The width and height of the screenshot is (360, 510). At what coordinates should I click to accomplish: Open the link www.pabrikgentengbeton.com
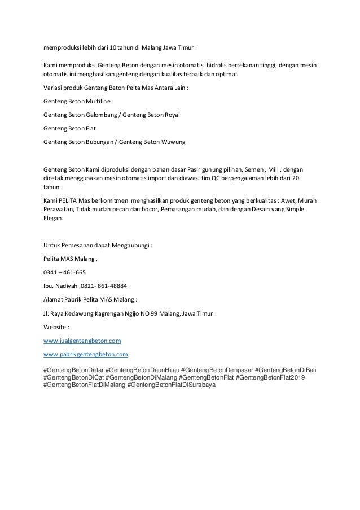coord(86,355)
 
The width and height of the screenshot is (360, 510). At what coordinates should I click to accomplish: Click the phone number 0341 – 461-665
coord(64,272)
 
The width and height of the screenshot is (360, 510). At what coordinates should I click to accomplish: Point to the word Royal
coord(169,115)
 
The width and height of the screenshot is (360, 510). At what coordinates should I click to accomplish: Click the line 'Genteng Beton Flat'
coord(69,128)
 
